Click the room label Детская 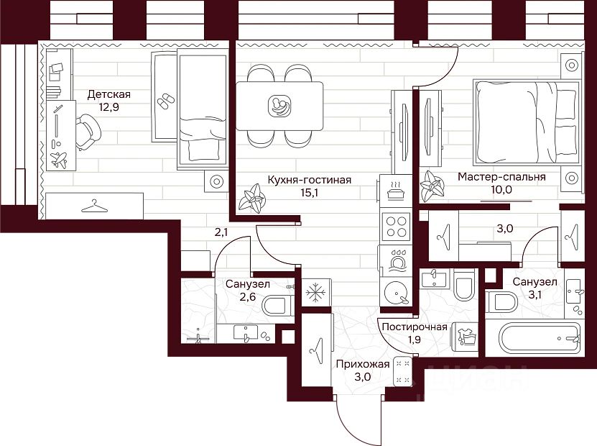(x=108, y=94)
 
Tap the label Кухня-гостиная (x=309, y=180)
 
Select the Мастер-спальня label (x=501, y=176)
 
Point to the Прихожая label (x=363, y=364)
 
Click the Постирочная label (x=415, y=327)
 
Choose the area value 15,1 (x=309, y=193)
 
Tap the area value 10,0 (x=501, y=189)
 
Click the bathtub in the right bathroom (x=533, y=336)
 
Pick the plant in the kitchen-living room (x=254, y=198)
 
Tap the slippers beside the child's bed (x=165, y=99)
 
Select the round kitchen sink (x=395, y=293)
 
